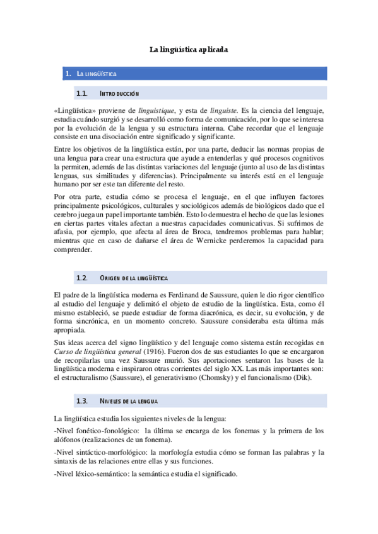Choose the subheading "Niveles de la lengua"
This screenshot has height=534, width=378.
[129, 401]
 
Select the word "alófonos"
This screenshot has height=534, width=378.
[70, 440]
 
